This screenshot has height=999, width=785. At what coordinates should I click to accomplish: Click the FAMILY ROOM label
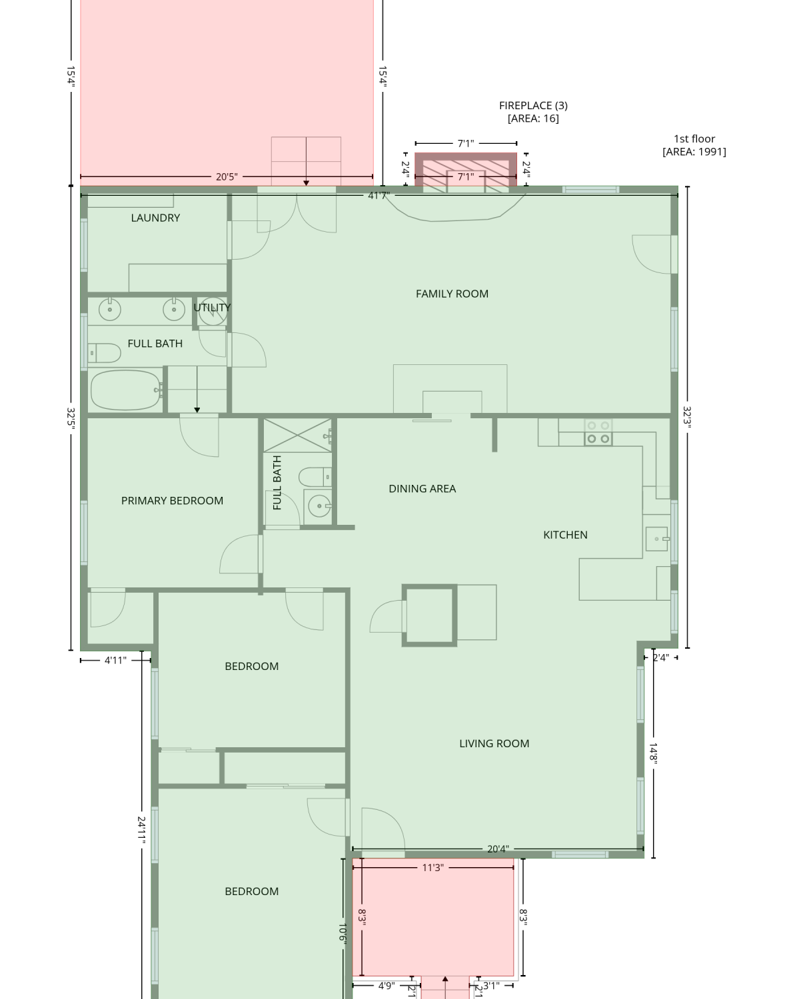(x=452, y=294)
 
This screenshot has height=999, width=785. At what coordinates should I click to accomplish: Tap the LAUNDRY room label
(x=155, y=218)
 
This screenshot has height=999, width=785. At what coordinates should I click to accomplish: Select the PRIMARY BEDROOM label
(x=172, y=501)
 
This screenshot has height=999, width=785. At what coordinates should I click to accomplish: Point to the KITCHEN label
(x=565, y=535)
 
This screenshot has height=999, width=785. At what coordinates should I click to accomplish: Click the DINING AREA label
(x=422, y=489)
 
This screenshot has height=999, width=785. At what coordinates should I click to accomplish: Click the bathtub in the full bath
(x=125, y=390)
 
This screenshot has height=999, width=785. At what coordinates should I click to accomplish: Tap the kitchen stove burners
(x=598, y=432)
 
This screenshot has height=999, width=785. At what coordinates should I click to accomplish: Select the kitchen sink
(x=657, y=539)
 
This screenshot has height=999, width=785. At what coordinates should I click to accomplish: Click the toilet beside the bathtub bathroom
(x=105, y=353)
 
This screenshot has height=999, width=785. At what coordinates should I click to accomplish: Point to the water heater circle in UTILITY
(x=213, y=311)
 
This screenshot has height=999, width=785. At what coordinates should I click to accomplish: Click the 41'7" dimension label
(x=379, y=195)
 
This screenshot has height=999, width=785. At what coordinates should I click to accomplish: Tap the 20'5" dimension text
(x=227, y=177)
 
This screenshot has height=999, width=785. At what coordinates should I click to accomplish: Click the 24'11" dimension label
(x=142, y=831)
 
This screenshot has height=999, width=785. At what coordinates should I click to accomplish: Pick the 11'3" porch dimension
(x=432, y=868)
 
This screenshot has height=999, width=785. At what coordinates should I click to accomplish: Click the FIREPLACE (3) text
(x=534, y=106)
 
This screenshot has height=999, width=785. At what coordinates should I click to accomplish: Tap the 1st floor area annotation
(x=694, y=145)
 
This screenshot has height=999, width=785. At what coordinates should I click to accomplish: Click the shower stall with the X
(x=297, y=436)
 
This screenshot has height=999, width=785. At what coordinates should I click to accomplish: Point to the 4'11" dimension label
(x=115, y=661)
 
